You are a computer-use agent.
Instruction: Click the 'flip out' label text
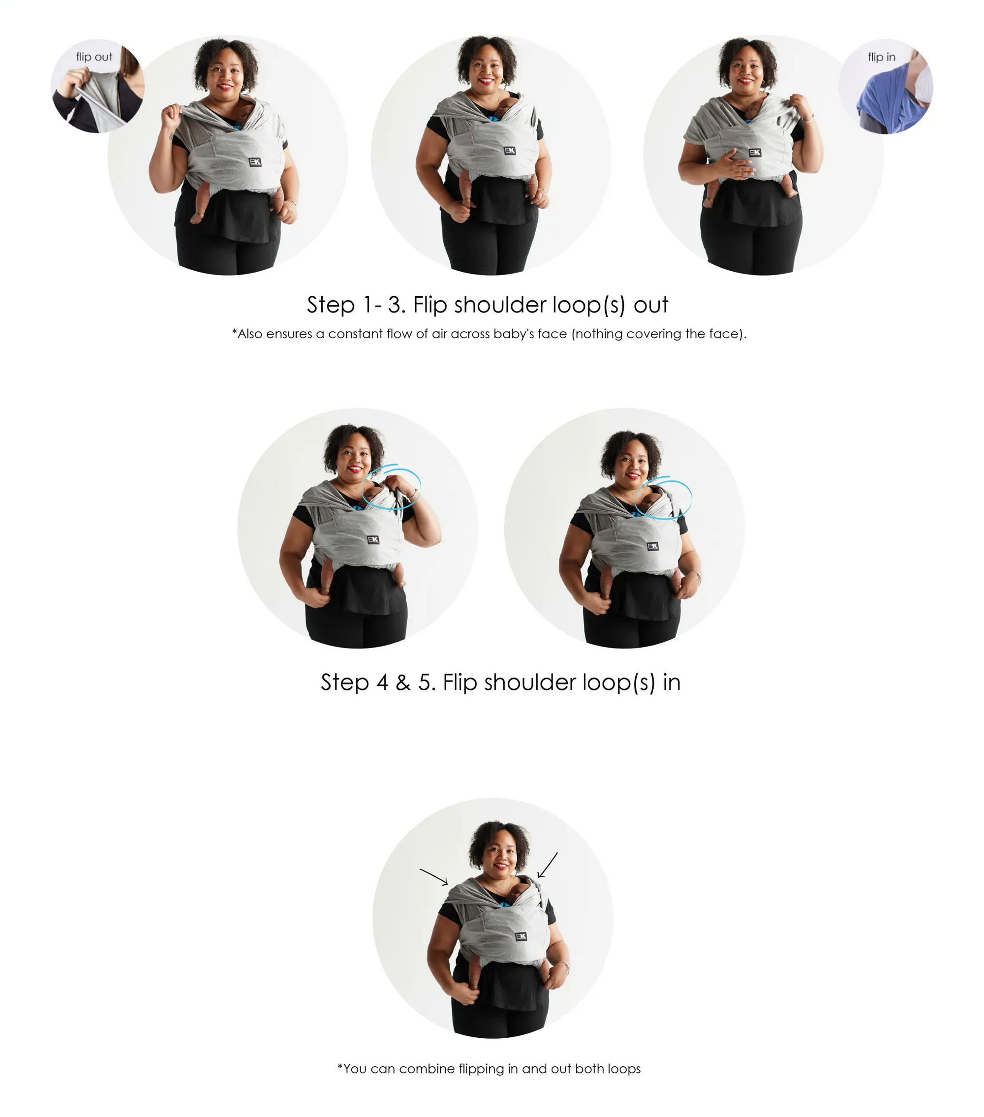pos(94,57)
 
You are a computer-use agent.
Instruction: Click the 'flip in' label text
pos(881,57)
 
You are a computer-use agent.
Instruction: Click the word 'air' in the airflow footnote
pos(439,334)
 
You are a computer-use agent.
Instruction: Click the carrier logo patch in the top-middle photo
pos(509,150)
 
